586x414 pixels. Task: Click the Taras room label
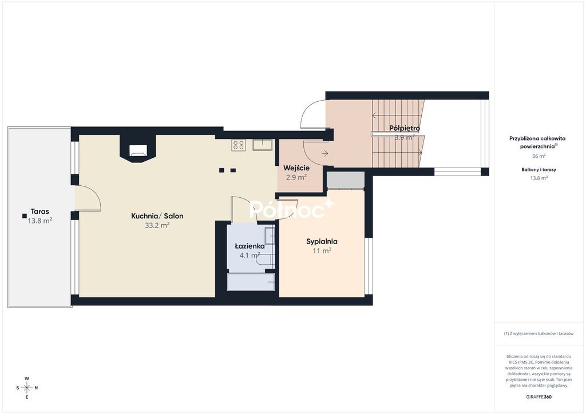click(x=39, y=212)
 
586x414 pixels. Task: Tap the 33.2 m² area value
click(x=157, y=225)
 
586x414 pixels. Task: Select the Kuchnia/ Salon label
click(x=157, y=216)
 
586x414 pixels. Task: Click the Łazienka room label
click(x=250, y=246)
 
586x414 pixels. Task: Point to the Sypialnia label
click(x=322, y=241)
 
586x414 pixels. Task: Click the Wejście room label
click(x=296, y=168)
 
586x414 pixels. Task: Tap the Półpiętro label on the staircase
click(x=405, y=128)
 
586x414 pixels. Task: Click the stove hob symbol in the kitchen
click(x=239, y=145)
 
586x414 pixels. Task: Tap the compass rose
click(x=27, y=388)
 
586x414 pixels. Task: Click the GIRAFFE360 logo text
click(x=539, y=397)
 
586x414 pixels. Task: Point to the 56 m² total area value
click(x=539, y=156)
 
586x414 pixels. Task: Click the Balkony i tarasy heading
click(x=539, y=169)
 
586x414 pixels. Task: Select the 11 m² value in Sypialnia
click(x=322, y=251)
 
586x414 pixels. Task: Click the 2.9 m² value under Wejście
click(x=296, y=177)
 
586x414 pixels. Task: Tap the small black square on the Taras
click(x=24, y=216)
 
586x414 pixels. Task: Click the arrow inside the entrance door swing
click(x=324, y=153)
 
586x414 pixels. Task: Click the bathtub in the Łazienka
click(x=251, y=282)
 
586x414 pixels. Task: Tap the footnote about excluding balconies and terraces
click(x=539, y=333)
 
